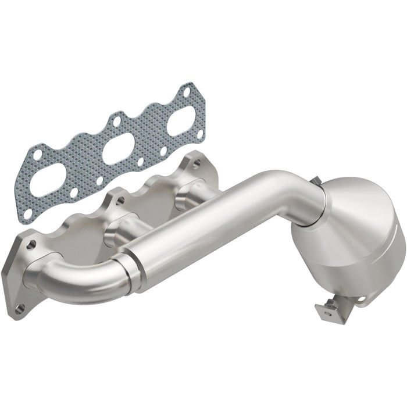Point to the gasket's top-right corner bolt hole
pos(185,91)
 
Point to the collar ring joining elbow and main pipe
pos(130,267)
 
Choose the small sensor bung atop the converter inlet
pos(317,180)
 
